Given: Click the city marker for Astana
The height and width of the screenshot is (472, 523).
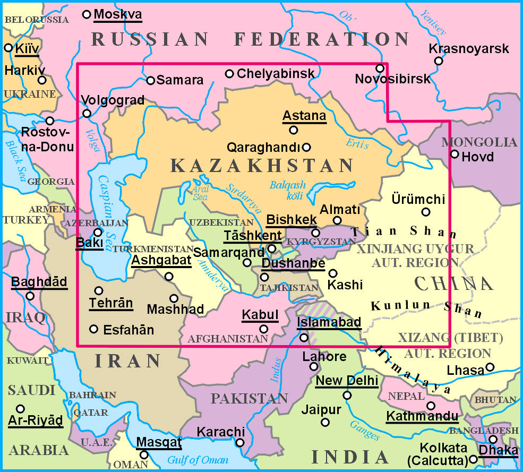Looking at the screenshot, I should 293,130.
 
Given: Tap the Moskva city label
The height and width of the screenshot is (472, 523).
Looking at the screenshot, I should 117,14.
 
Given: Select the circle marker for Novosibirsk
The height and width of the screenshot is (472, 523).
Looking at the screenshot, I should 380,68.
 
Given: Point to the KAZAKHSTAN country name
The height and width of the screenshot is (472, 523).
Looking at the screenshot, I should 262,166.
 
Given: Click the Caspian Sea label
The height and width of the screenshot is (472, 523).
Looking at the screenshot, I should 112,212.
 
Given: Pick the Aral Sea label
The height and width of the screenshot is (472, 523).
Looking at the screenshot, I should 200,193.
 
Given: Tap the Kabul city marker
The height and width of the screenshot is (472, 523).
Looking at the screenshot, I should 264,329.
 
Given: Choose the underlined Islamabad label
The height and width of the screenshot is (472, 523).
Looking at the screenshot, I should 329,322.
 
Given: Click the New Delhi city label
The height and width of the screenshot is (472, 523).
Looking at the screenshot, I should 347,381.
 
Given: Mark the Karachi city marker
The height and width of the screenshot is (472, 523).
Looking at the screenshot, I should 240,442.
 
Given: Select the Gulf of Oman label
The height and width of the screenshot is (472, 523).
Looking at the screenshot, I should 198,460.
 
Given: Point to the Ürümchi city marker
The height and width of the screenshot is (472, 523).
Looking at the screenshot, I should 425,212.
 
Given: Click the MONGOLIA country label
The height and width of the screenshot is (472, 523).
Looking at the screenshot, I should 479,142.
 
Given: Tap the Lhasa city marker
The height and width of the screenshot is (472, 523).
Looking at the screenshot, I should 490,367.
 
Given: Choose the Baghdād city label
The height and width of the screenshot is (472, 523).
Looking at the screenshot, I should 39,281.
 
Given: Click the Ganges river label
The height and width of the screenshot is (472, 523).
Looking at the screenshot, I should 365,430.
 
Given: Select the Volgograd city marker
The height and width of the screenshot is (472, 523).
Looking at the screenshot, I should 87,113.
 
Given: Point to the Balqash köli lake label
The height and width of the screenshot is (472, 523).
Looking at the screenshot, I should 287,191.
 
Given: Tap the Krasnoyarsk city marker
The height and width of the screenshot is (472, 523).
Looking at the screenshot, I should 439,61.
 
